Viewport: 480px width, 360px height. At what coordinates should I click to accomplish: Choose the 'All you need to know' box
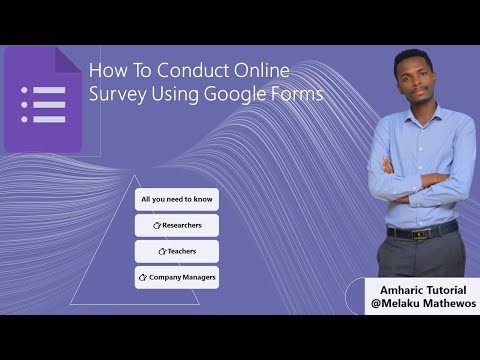tap(176, 199)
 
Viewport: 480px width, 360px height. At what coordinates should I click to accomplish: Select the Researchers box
tap(176, 225)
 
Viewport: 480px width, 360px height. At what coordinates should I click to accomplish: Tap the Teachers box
tap(176, 251)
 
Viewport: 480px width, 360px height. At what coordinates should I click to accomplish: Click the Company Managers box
tap(176, 276)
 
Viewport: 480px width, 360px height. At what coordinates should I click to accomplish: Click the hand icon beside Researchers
tap(157, 226)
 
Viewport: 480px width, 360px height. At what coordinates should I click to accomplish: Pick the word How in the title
tap(104, 72)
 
